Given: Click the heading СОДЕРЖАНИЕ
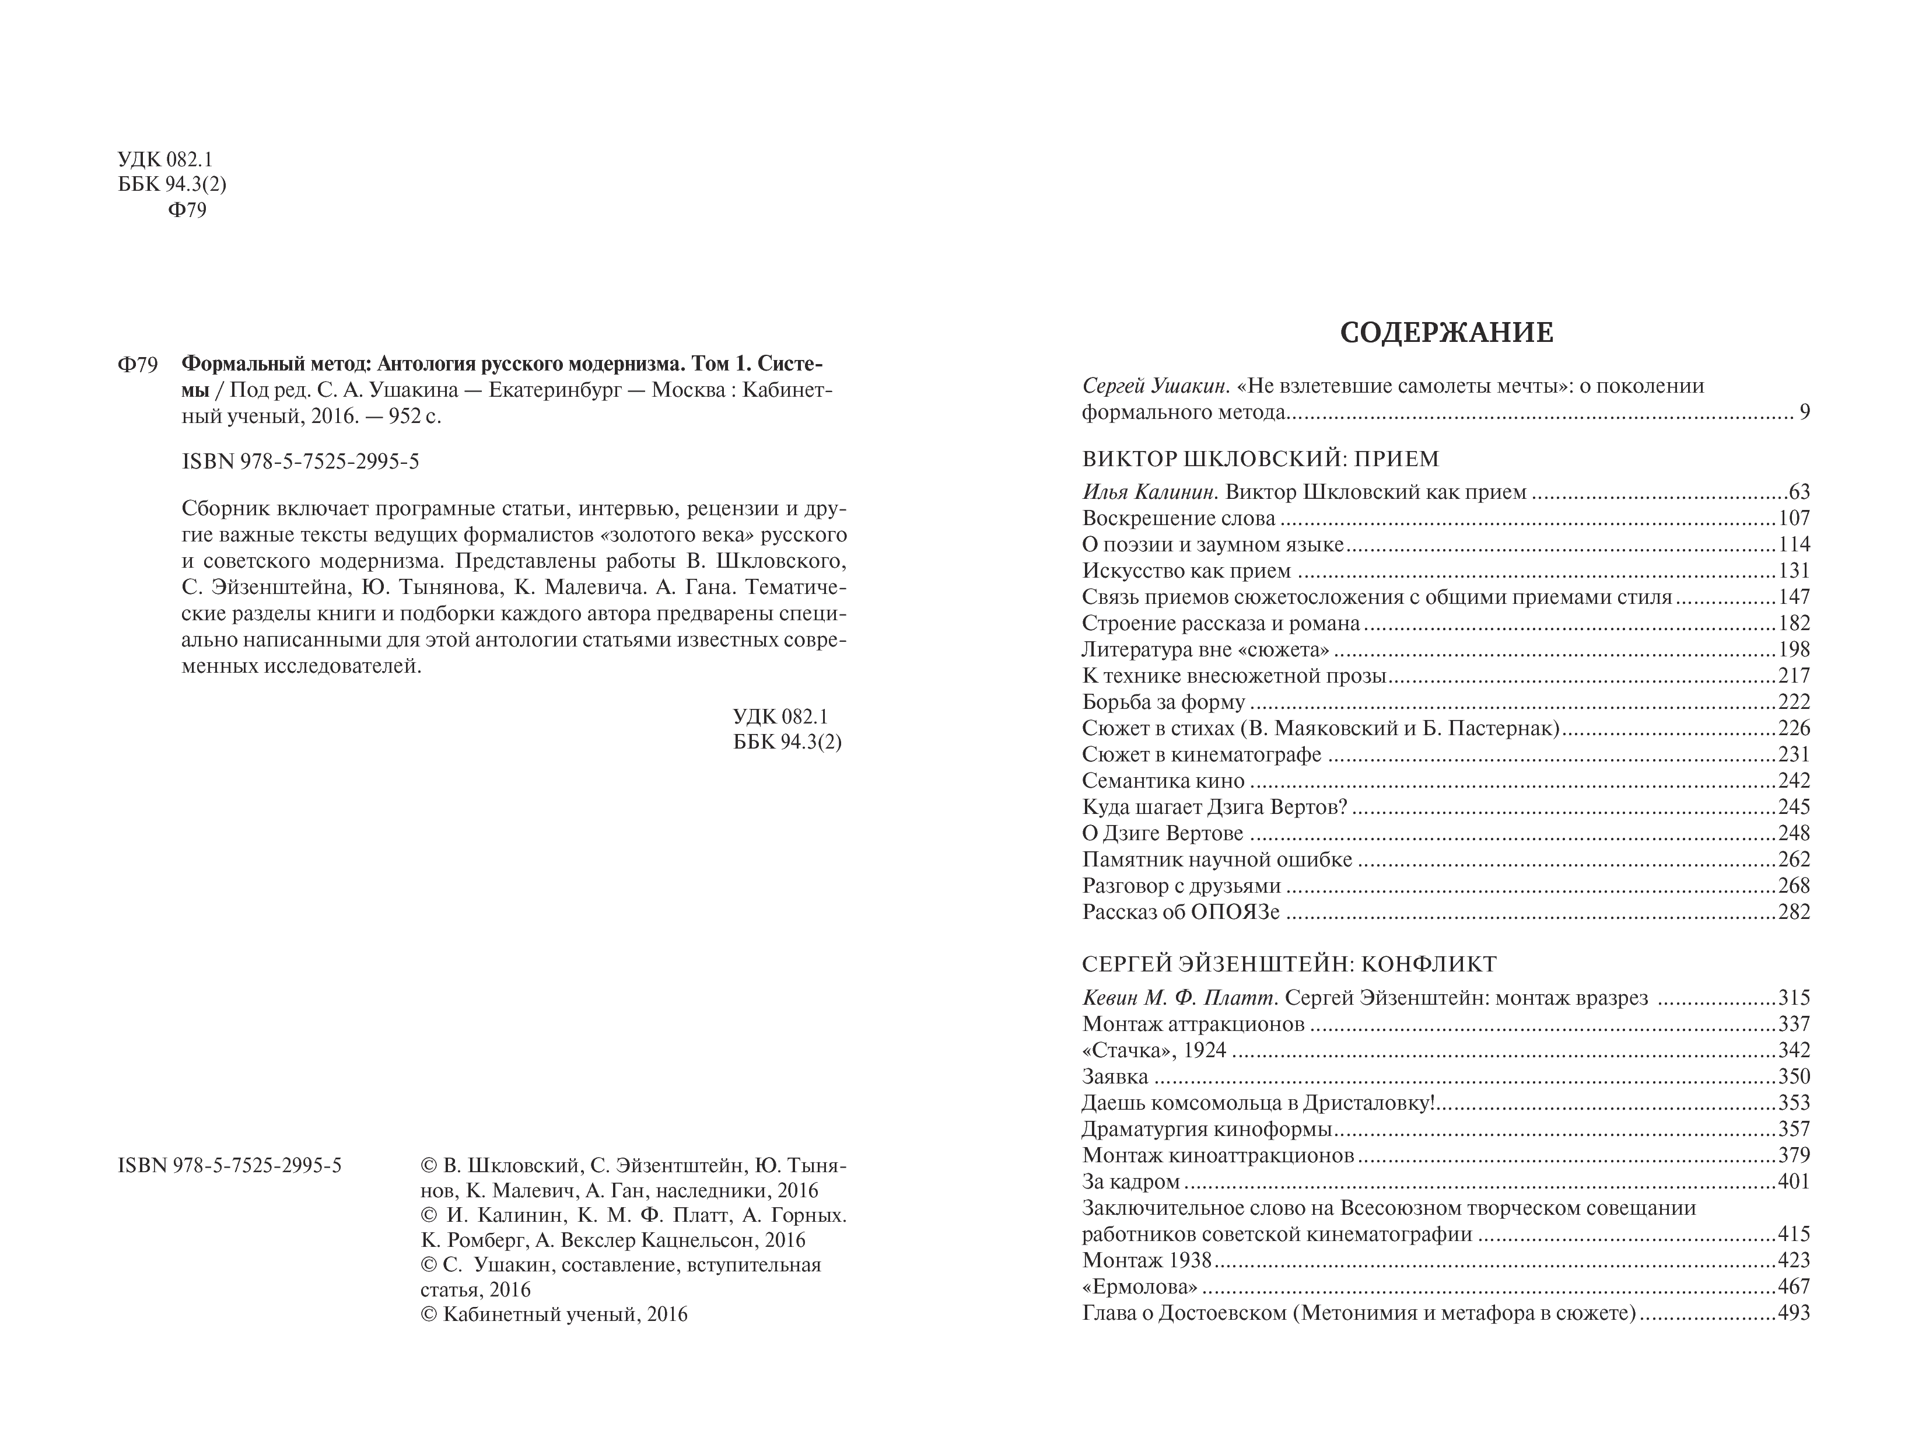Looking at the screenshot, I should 1446,333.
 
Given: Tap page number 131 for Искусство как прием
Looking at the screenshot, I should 1794,571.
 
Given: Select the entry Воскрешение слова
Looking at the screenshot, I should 1178,519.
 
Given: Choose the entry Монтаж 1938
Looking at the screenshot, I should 1147,1260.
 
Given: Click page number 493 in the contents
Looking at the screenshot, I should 1794,1313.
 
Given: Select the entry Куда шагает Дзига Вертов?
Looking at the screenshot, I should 1215,807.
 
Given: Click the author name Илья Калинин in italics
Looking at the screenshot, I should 1147,493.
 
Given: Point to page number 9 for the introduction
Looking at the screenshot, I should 1804,413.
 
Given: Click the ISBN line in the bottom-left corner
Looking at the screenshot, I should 229,1166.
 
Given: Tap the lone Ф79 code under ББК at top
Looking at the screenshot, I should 187,211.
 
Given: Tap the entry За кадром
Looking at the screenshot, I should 1131,1182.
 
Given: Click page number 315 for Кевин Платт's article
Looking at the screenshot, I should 1794,998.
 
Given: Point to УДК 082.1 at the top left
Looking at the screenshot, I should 165,160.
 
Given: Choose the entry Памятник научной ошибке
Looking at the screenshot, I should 1217,860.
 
